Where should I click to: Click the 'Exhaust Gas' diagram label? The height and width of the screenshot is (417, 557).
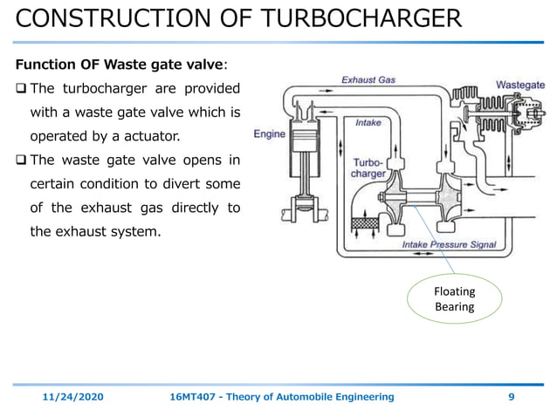[x=368, y=79]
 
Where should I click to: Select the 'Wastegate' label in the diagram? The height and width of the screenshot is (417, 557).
[x=520, y=85]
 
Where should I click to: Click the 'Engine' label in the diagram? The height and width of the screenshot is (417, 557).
[x=270, y=134]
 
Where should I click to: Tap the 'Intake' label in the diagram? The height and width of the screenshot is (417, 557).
[x=368, y=123]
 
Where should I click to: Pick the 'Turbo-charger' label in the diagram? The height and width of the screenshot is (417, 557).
[x=368, y=168]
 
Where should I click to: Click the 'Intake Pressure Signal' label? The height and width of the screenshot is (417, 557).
[x=449, y=245]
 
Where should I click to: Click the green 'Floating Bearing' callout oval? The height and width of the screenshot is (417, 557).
[x=454, y=299]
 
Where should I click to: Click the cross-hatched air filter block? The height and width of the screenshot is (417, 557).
[x=362, y=223]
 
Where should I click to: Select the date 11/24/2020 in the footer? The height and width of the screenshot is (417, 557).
[x=73, y=397]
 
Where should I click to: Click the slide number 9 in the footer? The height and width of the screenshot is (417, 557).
[x=511, y=397]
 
